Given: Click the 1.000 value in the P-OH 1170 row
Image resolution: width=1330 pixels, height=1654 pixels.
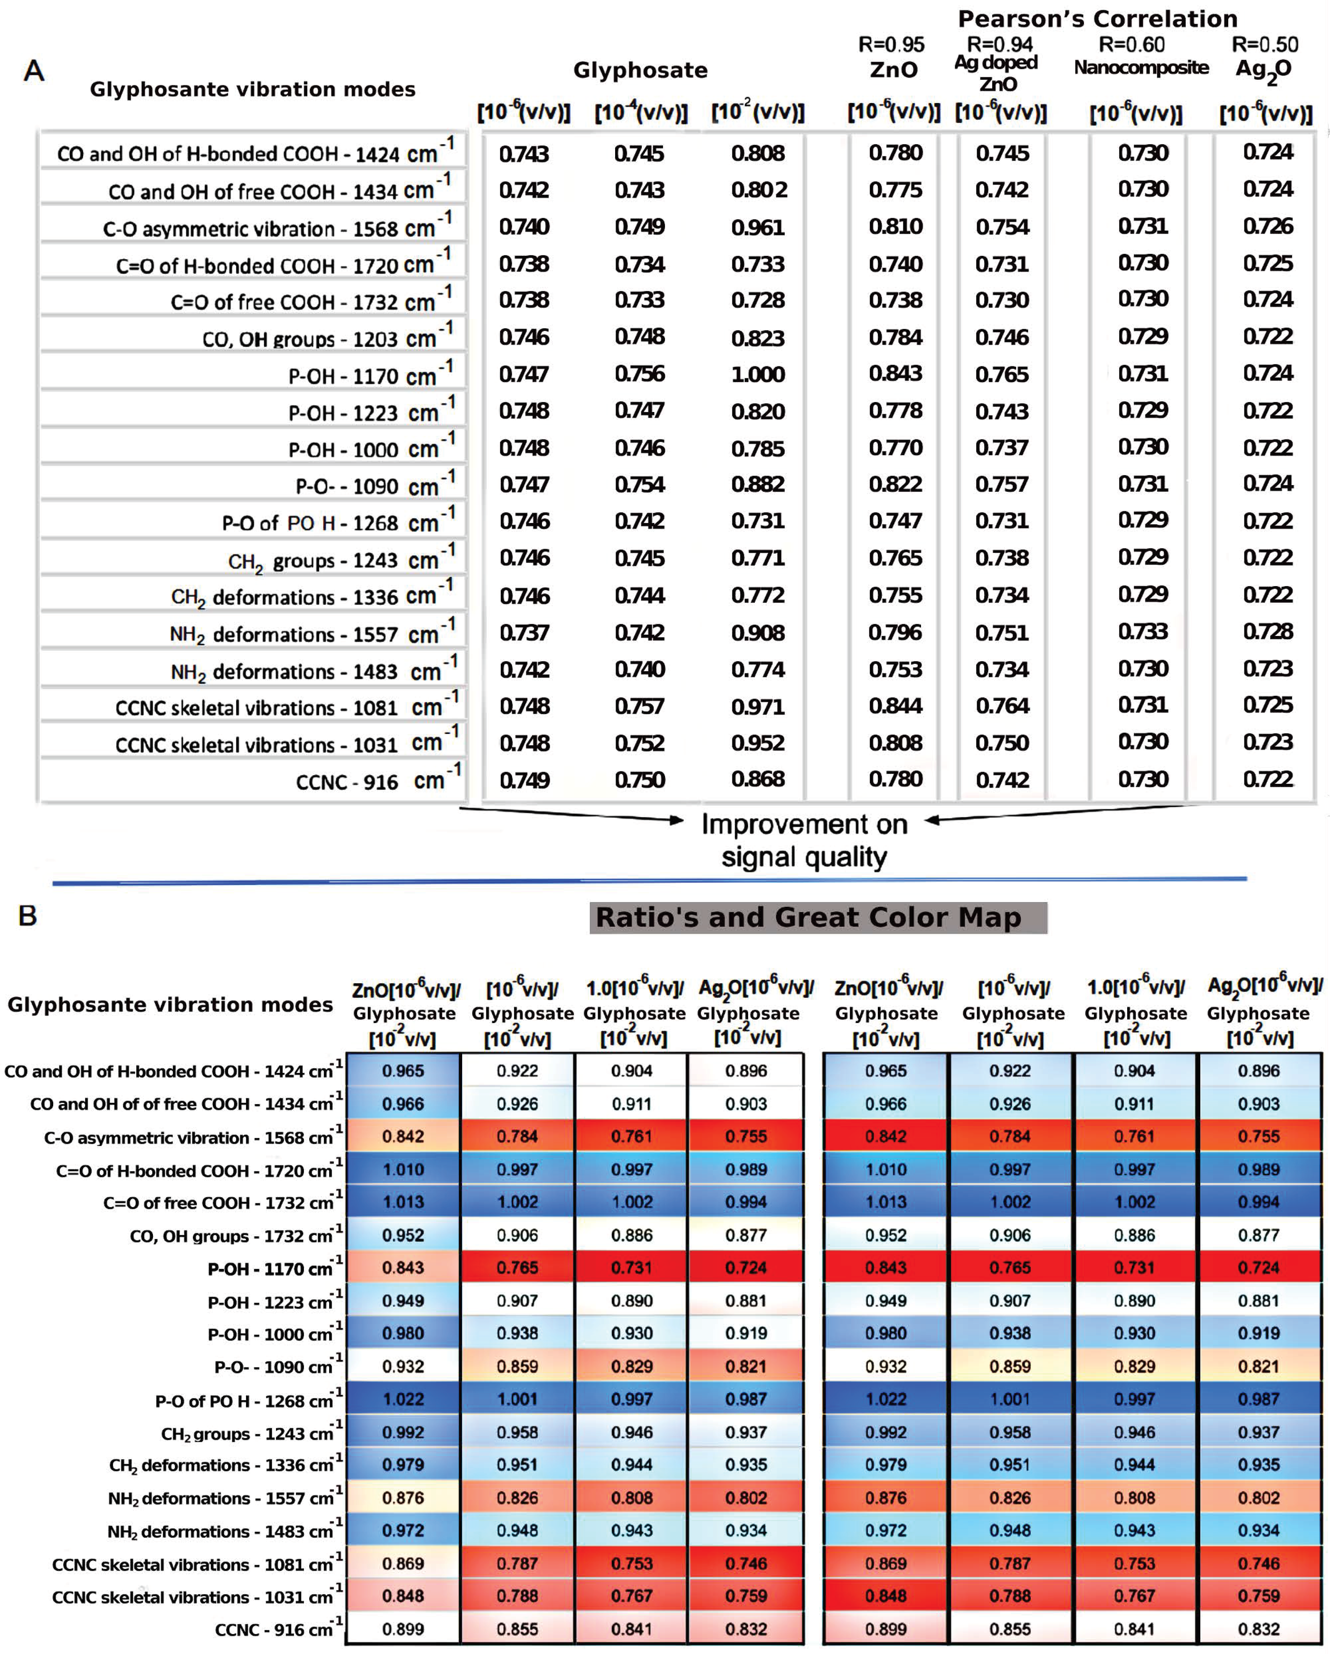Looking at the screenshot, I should pyautogui.click(x=758, y=374).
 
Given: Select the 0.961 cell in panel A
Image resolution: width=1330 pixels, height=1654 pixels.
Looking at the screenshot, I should pyautogui.click(x=758, y=227).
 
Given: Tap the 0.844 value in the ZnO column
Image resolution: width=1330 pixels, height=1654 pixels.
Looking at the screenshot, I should pyautogui.click(x=895, y=706).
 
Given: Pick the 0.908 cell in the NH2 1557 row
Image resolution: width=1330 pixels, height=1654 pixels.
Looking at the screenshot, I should pyautogui.click(x=758, y=633).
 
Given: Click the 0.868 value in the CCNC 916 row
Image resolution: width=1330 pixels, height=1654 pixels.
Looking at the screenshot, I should pyautogui.click(x=758, y=779).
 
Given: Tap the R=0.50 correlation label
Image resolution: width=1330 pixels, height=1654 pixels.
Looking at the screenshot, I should pyautogui.click(x=1265, y=44).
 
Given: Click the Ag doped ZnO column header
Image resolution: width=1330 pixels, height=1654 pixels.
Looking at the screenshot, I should pyautogui.click(x=996, y=72).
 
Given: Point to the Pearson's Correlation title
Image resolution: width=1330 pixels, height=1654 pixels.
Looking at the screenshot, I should pyautogui.click(x=1098, y=18).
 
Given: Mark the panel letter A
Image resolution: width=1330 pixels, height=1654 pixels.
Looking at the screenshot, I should pyautogui.click(x=34, y=71).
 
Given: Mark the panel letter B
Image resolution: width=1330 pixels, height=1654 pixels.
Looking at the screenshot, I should pyautogui.click(x=27, y=915).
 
